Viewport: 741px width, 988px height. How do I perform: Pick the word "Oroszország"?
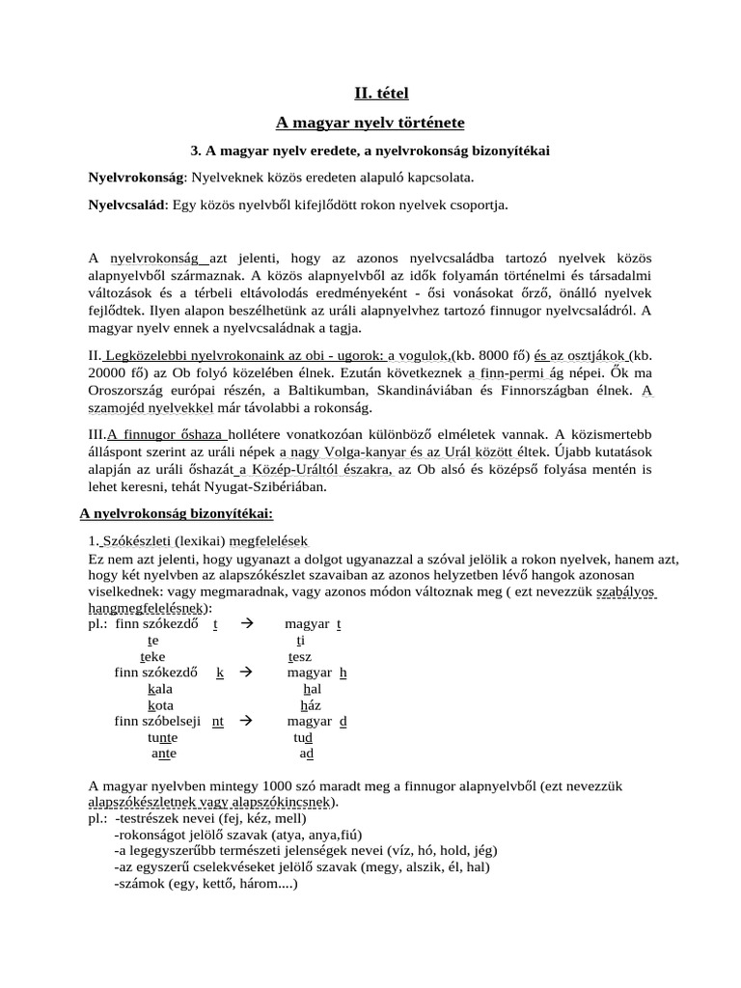[128, 391]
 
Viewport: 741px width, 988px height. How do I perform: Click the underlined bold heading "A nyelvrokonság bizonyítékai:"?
[170, 514]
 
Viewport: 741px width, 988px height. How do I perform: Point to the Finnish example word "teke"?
[152, 656]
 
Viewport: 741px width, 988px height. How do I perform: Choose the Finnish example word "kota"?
[160, 705]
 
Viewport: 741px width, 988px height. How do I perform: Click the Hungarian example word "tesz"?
[300, 656]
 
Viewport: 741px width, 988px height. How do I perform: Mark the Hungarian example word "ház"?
[311, 705]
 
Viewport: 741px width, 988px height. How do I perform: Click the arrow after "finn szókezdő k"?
[245, 672]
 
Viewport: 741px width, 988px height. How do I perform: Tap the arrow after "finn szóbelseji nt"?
[245, 721]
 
